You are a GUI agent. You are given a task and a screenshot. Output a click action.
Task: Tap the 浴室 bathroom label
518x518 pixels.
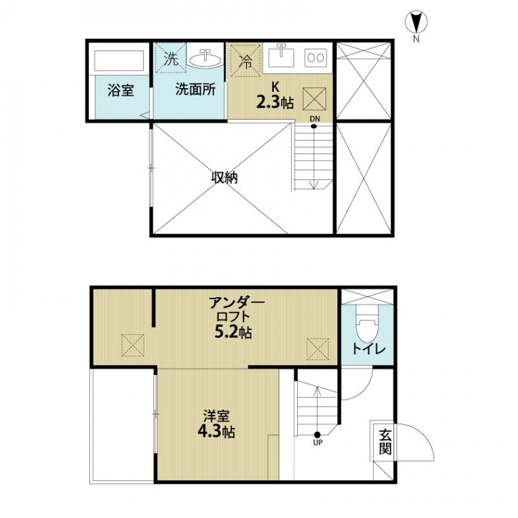pos(120,91)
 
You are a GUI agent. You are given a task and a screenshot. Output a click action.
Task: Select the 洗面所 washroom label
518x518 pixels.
pos(195,91)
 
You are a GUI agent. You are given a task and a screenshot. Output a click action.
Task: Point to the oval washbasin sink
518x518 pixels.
pos(205,59)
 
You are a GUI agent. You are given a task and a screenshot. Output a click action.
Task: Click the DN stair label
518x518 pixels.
pos(314,118)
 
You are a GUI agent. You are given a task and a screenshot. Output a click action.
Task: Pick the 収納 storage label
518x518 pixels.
pos(223,177)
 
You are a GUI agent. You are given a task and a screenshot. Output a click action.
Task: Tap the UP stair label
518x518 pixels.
pos(317,444)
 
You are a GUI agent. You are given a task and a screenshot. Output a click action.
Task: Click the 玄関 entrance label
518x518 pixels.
pos(385,442)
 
